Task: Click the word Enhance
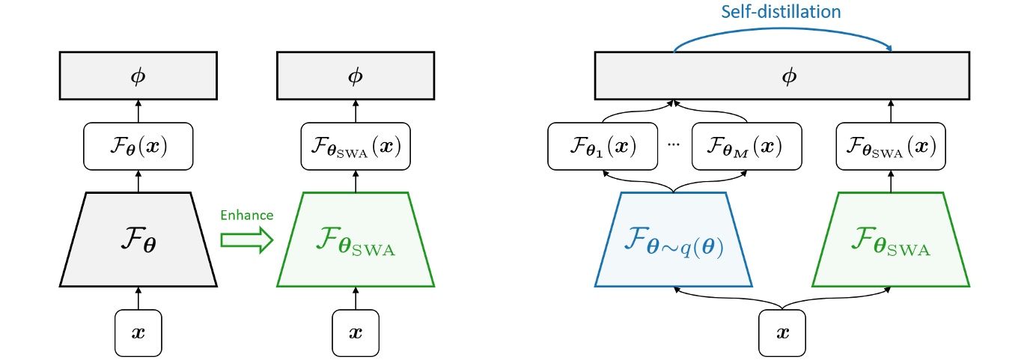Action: [x=246, y=216]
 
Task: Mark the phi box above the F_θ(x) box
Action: [x=138, y=76]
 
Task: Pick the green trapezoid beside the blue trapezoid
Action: [x=891, y=240]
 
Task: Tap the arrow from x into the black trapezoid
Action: [x=138, y=298]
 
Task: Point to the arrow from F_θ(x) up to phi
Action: [x=138, y=112]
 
